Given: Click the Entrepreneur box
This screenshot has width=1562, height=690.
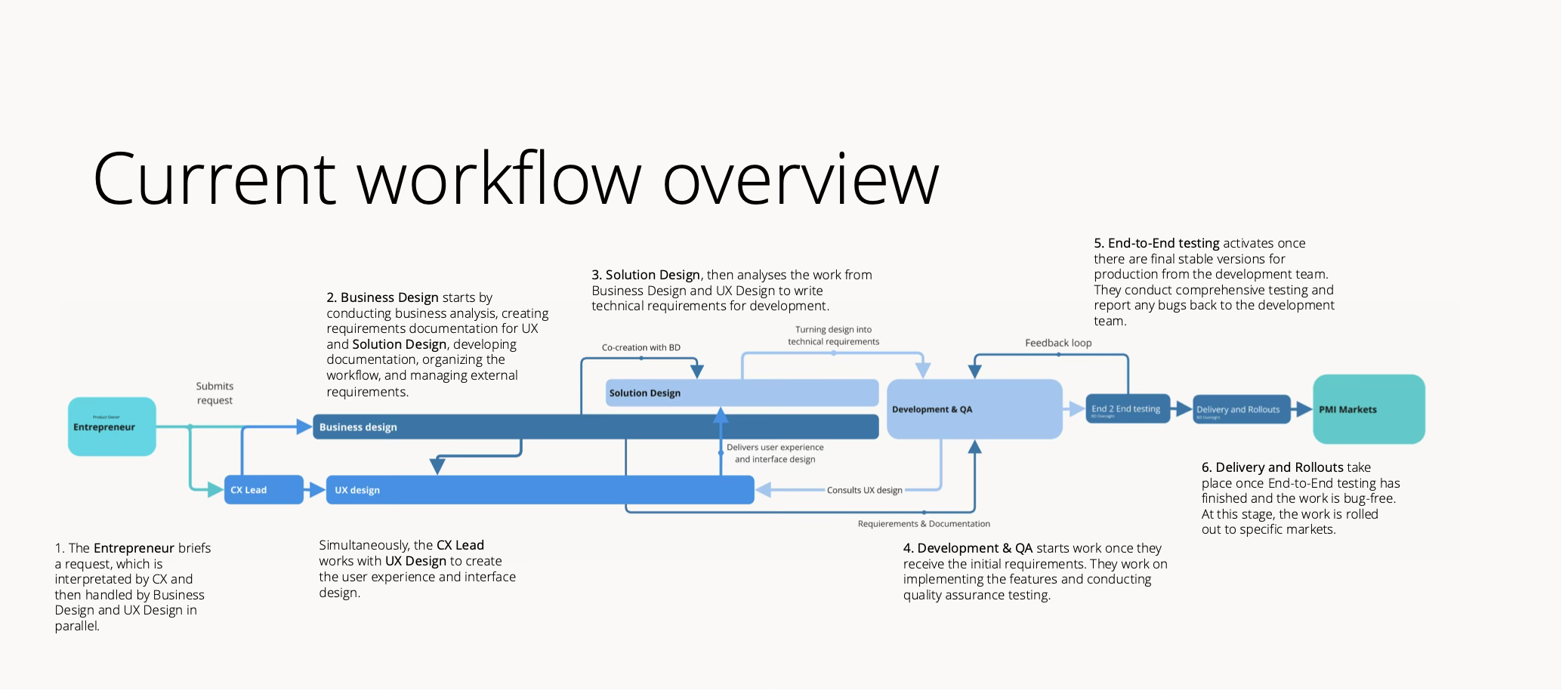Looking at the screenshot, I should (x=112, y=427).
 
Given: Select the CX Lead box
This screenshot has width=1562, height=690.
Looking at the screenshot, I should (x=264, y=490).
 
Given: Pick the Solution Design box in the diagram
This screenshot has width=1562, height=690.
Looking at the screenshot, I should (x=742, y=393).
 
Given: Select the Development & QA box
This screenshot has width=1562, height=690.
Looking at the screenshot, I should (x=974, y=409).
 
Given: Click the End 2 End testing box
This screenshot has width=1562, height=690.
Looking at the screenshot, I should (x=1128, y=409).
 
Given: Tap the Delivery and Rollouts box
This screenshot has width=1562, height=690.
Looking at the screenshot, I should (x=1241, y=409).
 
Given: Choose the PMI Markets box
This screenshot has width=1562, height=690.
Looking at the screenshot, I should (x=1369, y=409).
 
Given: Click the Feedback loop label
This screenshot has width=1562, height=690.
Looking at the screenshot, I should (x=1058, y=343).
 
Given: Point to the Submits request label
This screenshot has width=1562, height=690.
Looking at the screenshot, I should (x=215, y=393).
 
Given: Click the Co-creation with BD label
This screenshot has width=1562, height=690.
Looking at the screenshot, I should (x=641, y=347).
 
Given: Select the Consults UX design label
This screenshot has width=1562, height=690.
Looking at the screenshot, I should (x=864, y=490).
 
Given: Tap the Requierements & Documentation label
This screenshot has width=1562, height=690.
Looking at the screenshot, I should (x=924, y=523).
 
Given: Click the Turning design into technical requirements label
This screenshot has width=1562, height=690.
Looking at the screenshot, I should (x=833, y=335).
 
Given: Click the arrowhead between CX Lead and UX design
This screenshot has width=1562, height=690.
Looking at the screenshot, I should (x=317, y=490).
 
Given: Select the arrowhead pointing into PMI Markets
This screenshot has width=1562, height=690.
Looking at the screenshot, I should (x=1304, y=409).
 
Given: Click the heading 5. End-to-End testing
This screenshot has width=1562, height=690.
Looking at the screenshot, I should (x=1156, y=243).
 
